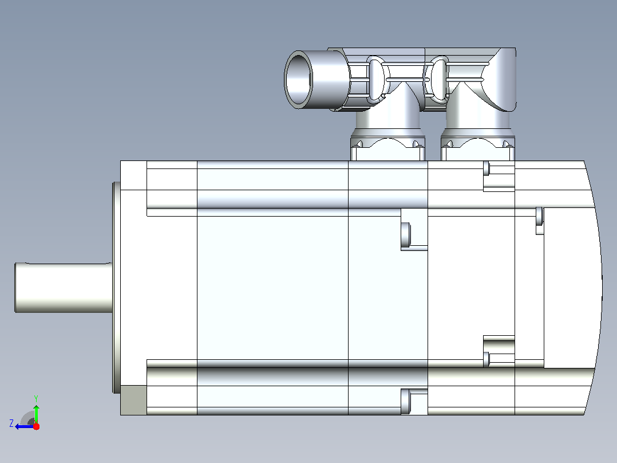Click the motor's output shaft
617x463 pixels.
(x=64, y=288)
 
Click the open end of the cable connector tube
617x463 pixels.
(x=298, y=79)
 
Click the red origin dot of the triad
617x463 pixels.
(x=36, y=426)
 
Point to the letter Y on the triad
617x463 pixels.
(x=36, y=398)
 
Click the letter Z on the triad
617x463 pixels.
(x=11, y=423)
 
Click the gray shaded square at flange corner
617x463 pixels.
(x=133, y=400)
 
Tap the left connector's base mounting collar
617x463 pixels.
(x=387, y=148)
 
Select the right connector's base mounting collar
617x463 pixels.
(x=478, y=148)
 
